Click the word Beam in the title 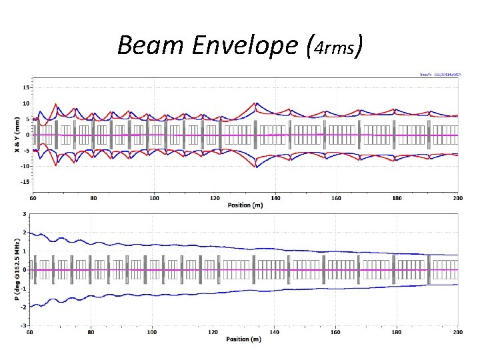pos(145,45)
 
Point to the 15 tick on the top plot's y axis pos(25,87)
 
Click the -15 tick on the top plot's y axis pos(25,181)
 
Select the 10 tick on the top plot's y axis pos(25,103)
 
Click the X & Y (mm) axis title pos(17,134)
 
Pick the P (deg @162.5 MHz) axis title pos(17,270)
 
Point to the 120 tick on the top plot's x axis pos(215,197)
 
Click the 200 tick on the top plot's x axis pos(457,197)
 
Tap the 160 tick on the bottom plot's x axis pos(336,331)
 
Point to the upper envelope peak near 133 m pos(255,103)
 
